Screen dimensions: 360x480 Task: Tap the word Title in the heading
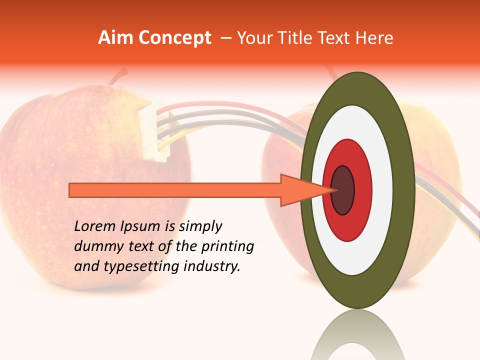[x=298, y=38]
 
